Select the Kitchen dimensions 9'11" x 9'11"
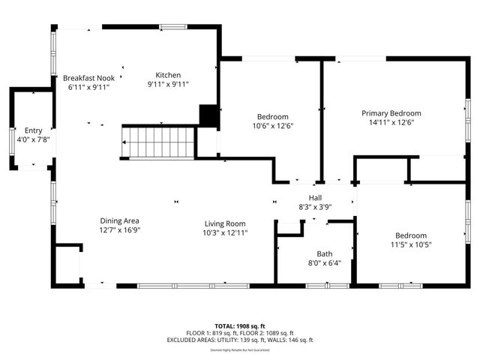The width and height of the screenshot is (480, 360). coord(168,85)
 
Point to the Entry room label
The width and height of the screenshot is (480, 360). coord(33,130)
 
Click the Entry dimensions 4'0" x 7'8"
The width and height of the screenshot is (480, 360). coord(33,139)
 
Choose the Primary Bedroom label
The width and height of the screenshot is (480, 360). coord(391,113)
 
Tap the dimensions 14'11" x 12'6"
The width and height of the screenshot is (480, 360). coord(391,122)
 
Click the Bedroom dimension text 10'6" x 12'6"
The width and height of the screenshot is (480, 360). coord(273,126)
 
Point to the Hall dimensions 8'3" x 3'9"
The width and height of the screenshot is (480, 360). coord(315,206)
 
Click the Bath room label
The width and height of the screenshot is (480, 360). coord(325,253)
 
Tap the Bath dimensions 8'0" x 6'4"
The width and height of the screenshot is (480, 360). coord(325,262)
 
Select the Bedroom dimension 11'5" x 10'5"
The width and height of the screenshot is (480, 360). coord(411,244)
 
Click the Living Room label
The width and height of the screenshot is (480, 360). coord(226,223)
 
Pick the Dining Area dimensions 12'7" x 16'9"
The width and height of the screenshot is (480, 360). coord(120,230)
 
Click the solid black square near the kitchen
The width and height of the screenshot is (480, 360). coord(208,115)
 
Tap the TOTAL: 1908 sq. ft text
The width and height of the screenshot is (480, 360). coord(239,326)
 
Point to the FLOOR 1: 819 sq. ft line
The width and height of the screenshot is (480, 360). coord(212,333)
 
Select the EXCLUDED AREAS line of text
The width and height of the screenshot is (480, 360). coord(239,340)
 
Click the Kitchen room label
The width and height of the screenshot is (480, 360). coord(168,75)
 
